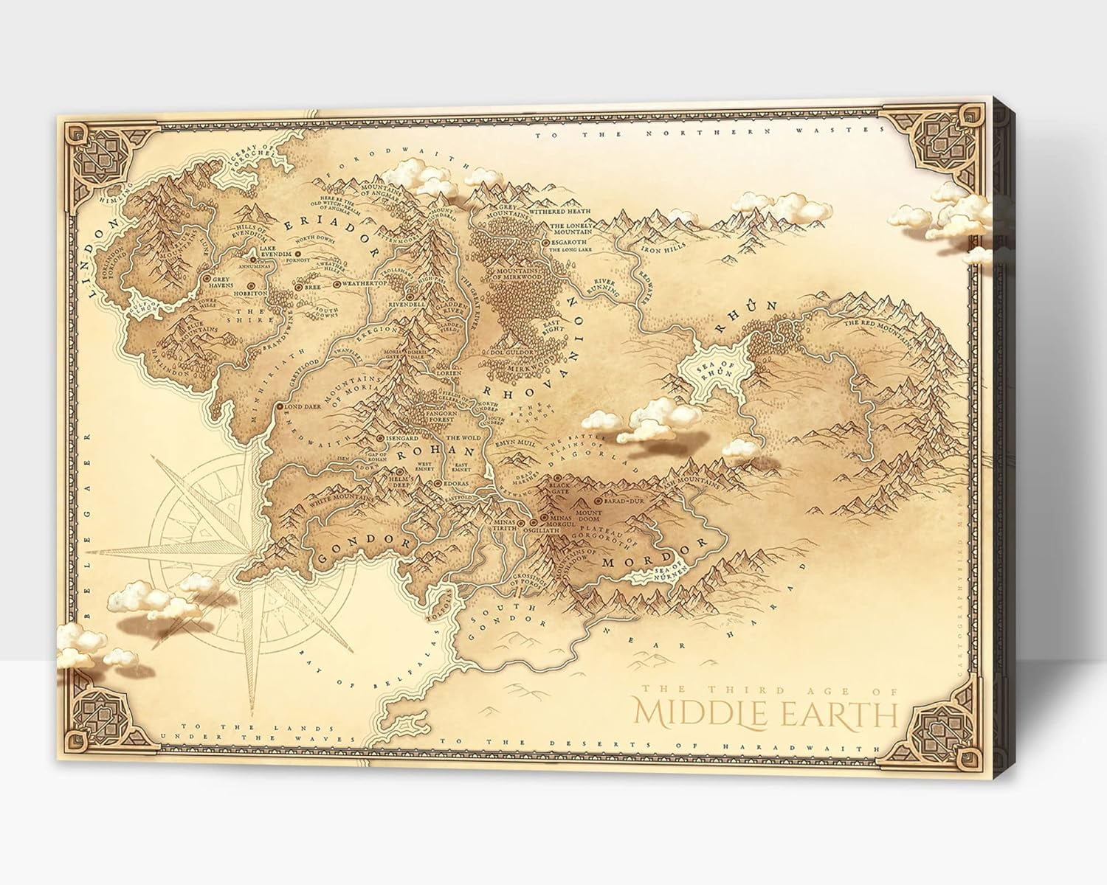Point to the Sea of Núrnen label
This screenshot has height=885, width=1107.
point(669,569)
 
